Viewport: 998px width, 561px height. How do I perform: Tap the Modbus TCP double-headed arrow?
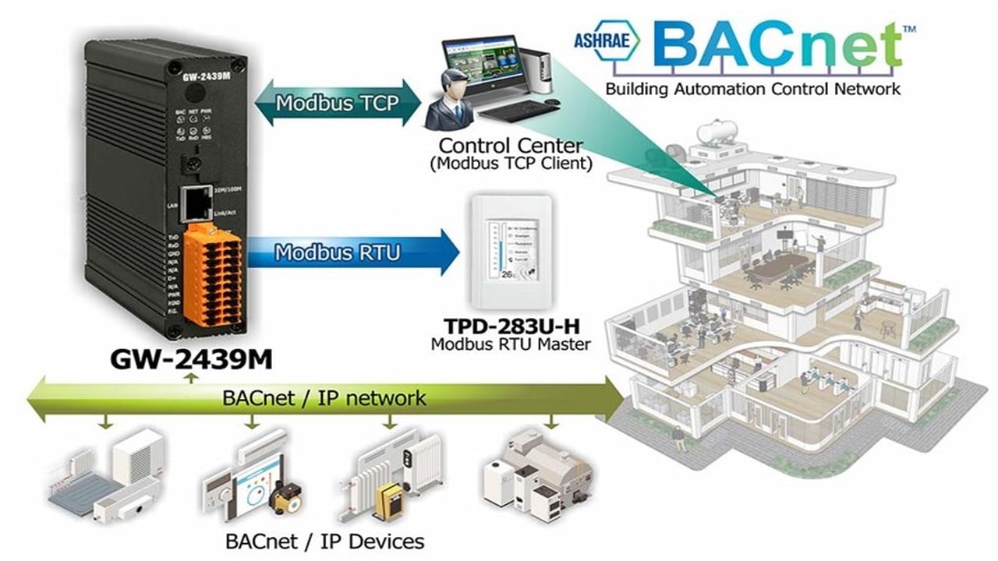point(338,102)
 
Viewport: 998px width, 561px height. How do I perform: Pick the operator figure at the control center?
point(451,93)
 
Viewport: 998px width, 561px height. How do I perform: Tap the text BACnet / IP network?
point(324,398)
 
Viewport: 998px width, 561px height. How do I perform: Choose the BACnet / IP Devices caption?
point(324,540)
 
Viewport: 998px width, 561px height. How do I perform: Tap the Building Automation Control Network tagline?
point(752,88)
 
